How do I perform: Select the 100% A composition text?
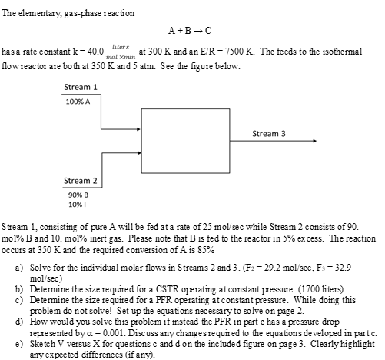pos(78,101)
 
